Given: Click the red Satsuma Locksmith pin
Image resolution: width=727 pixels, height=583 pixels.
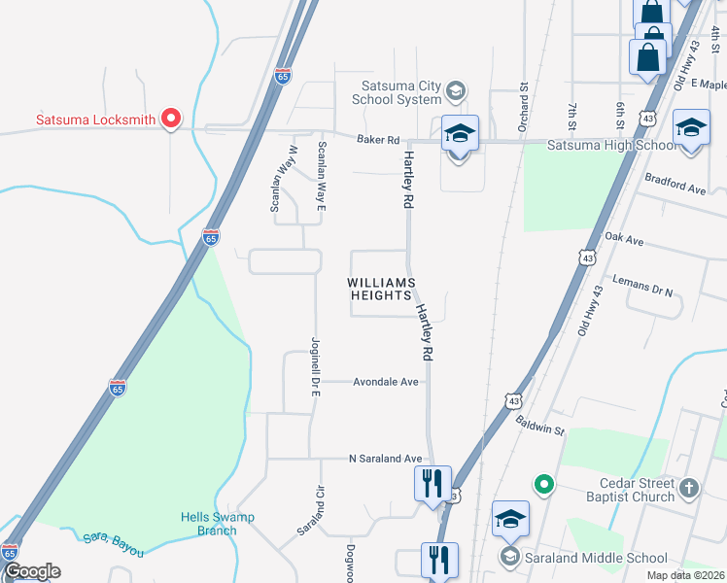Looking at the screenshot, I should click(172, 119).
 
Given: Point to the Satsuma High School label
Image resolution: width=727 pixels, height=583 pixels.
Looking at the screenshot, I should click(611, 146).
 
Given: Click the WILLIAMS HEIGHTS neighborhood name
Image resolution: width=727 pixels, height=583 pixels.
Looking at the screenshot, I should click(382, 290).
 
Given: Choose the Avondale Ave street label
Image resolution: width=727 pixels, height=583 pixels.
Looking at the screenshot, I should click(385, 382).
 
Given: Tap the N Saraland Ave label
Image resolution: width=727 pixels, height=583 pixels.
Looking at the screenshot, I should click(386, 459).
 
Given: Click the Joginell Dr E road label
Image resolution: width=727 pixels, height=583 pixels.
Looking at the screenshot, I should click(315, 360).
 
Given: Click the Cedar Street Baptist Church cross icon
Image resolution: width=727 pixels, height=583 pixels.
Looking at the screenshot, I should click(689, 488).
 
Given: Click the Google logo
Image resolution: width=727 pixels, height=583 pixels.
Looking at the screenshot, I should click(31, 571).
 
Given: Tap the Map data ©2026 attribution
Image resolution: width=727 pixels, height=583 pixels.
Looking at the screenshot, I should click(686, 575).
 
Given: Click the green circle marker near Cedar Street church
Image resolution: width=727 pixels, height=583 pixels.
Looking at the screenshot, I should click(543, 483).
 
